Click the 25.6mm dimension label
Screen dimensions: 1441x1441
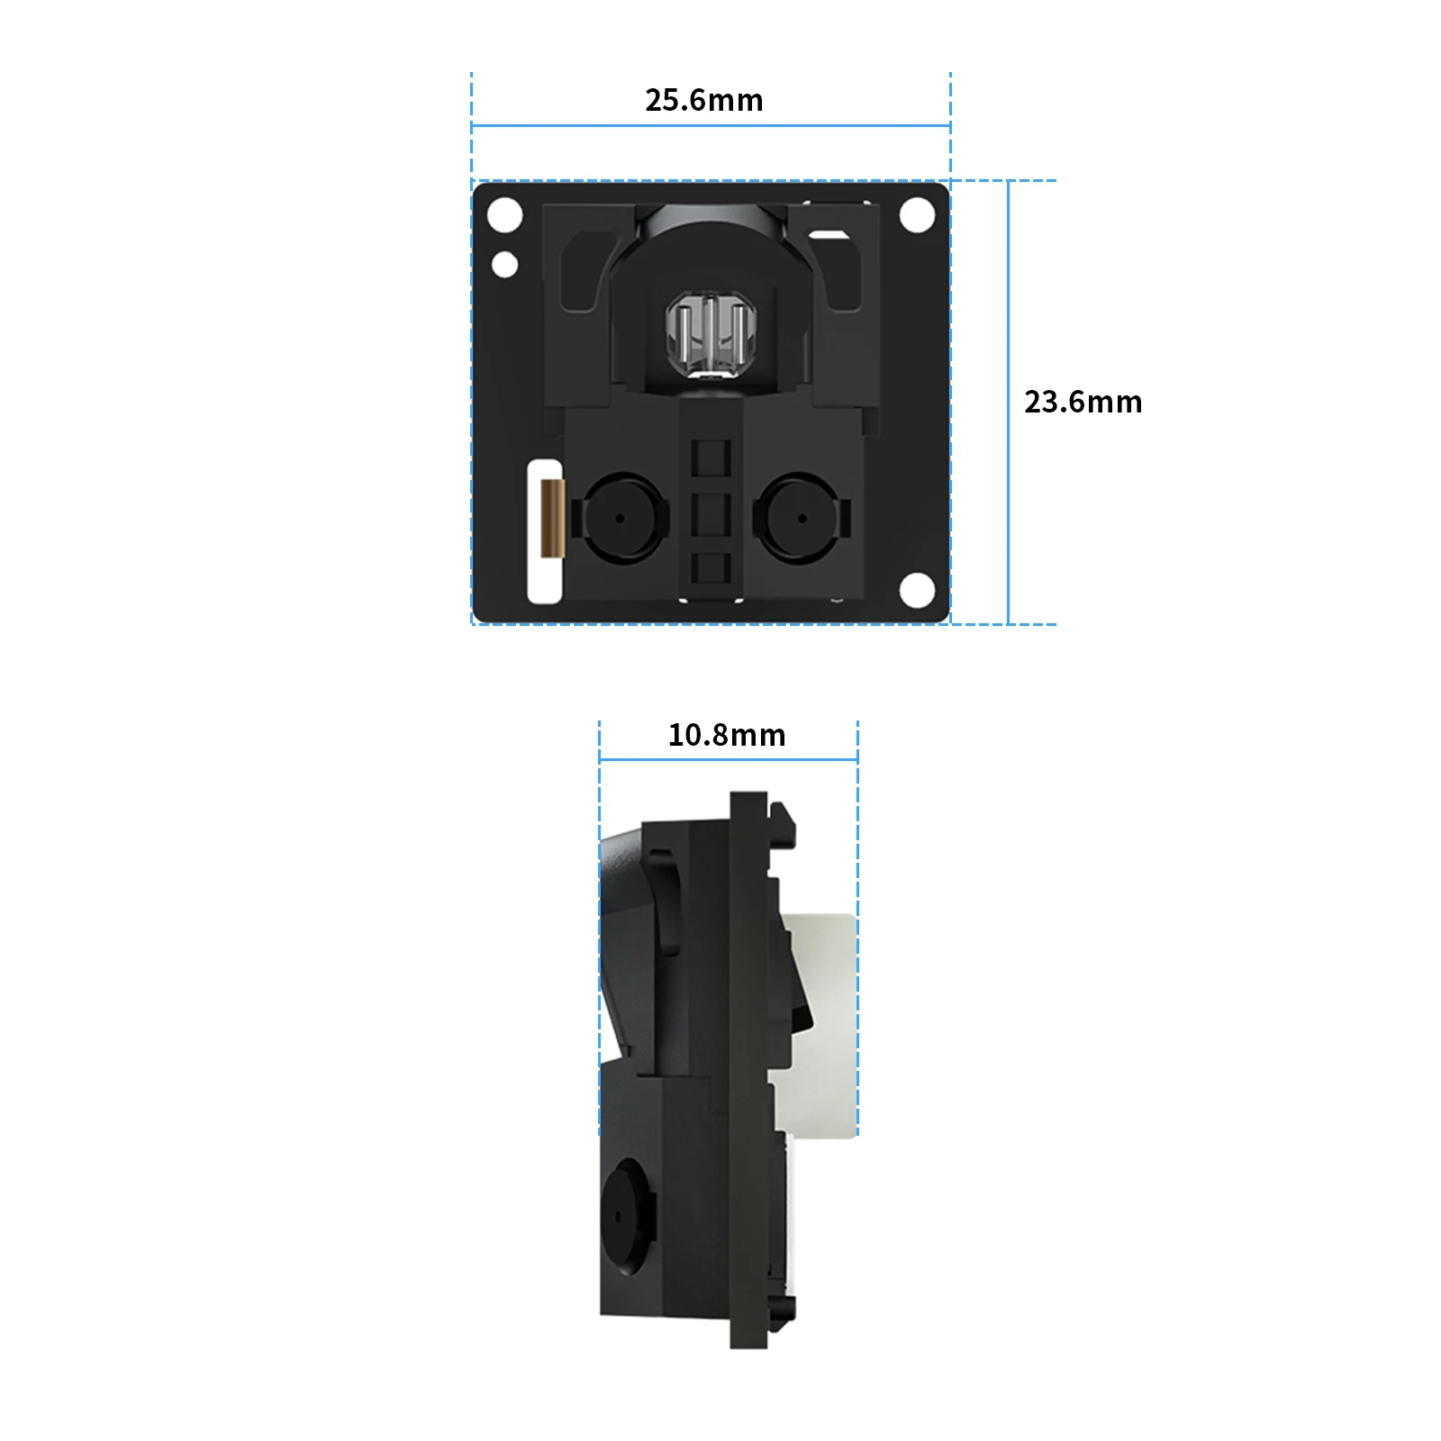(x=704, y=100)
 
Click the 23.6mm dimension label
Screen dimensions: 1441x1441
(x=1083, y=402)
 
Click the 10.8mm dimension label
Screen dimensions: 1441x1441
(x=727, y=735)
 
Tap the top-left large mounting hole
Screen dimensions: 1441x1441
(x=504, y=215)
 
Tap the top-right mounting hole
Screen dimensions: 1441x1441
(x=917, y=215)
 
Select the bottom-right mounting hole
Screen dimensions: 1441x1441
(x=917, y=590)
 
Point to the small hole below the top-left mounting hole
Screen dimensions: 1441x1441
(x=504, y=265)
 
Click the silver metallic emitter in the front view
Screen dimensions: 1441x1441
(x=711, y=335)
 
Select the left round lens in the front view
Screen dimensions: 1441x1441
(x=620, y=519)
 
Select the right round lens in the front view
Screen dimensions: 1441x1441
(x=802, y=519)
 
